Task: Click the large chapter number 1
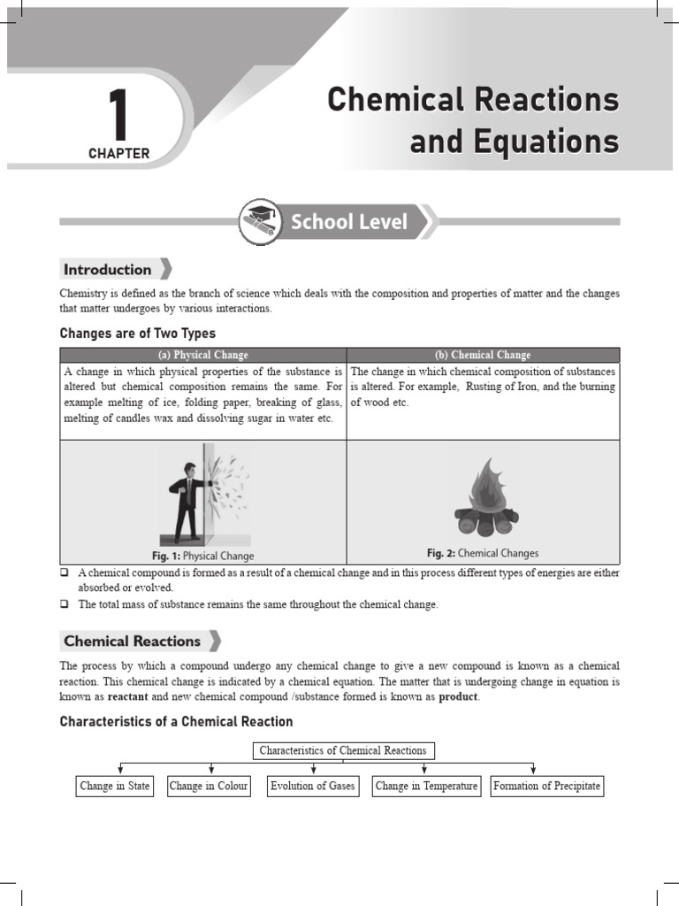118,113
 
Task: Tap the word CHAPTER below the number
118,154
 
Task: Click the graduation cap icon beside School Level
260,222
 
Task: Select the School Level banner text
349,222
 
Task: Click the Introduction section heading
107,270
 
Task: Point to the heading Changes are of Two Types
137,334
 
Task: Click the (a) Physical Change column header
203,355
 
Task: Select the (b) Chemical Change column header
483,355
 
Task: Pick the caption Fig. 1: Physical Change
202,556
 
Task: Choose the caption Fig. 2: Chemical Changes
483,553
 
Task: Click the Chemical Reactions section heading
132,641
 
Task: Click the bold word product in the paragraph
458,697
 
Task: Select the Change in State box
115,786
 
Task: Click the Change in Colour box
209,786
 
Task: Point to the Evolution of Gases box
312,786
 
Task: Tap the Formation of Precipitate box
546,786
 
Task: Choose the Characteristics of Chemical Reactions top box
343,750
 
